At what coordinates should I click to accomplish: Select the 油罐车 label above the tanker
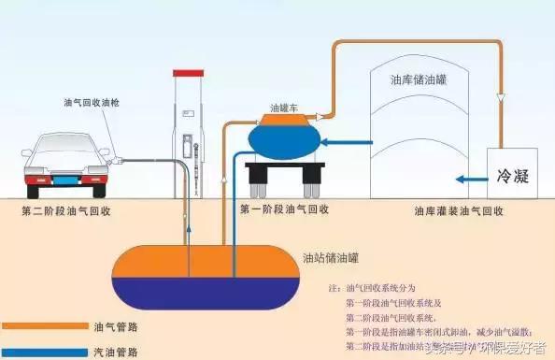(283, 107)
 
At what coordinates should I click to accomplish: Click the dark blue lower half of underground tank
(201, 293)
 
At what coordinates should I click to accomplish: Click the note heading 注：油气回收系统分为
(376, 289)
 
